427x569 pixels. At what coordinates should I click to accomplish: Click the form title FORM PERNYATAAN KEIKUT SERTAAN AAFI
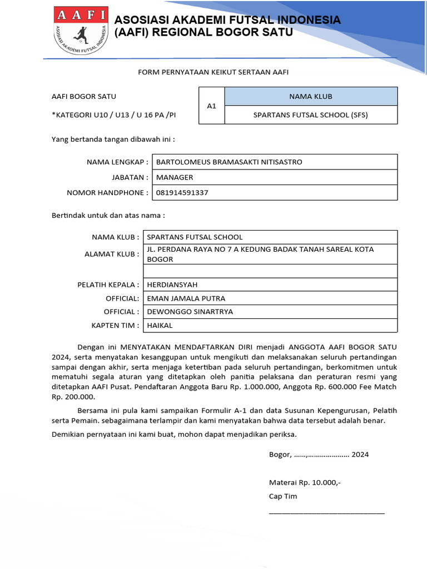(213, 72)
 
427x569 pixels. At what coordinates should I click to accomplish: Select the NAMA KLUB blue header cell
(310, 96)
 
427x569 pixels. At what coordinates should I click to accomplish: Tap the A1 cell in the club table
(211, 106)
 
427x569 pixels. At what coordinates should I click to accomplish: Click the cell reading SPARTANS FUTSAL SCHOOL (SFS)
(310, 115)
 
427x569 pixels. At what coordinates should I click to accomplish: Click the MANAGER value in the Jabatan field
(175, 177)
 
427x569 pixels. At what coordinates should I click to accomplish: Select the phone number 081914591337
(182, 193)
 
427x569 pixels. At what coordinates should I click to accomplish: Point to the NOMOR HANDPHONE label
(107, 193)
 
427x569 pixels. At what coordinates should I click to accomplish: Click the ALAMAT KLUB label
(111, 254)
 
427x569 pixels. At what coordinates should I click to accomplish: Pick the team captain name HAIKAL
(160, 325)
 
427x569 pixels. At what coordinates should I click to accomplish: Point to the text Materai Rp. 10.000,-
(305, 483)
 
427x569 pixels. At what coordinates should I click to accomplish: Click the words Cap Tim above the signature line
(283, 496)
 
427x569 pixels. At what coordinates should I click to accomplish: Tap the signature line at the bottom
(326, 512)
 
